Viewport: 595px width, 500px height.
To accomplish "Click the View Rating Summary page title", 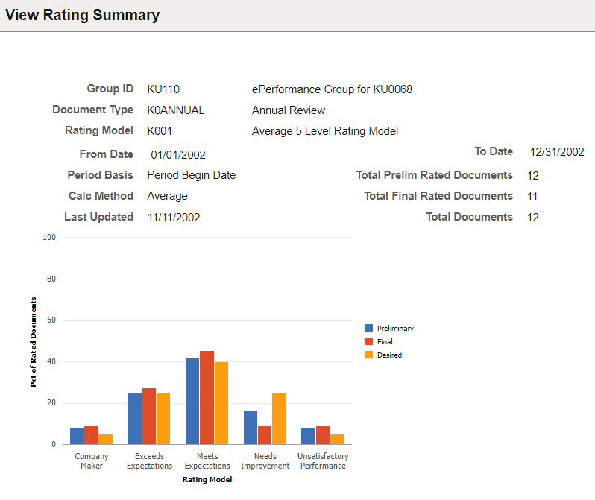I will (82, 15).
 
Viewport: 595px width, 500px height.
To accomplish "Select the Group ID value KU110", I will (163, 89).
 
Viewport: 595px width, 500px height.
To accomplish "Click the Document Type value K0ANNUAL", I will (176, 110).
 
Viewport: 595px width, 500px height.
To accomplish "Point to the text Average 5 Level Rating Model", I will (325, 131).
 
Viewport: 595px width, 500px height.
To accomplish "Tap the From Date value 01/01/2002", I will (178, 155).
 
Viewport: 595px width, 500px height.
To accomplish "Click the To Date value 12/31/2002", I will (557, 152).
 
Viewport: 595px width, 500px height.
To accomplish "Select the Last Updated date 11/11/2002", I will (174, 218).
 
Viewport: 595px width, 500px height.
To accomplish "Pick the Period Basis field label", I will (100, 175).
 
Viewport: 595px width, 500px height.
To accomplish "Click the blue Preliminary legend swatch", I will (369, 328).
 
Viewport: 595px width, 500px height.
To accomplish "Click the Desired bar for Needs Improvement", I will (279, 419).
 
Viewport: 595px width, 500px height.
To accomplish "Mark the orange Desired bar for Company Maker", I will (105, 440).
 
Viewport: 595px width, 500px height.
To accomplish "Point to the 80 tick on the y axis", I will (51, 279).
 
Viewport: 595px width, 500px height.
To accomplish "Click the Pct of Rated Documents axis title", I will (34, 342).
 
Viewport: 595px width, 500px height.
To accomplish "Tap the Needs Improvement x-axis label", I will (265, 461).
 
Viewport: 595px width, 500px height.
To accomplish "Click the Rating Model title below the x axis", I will (207, 479).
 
